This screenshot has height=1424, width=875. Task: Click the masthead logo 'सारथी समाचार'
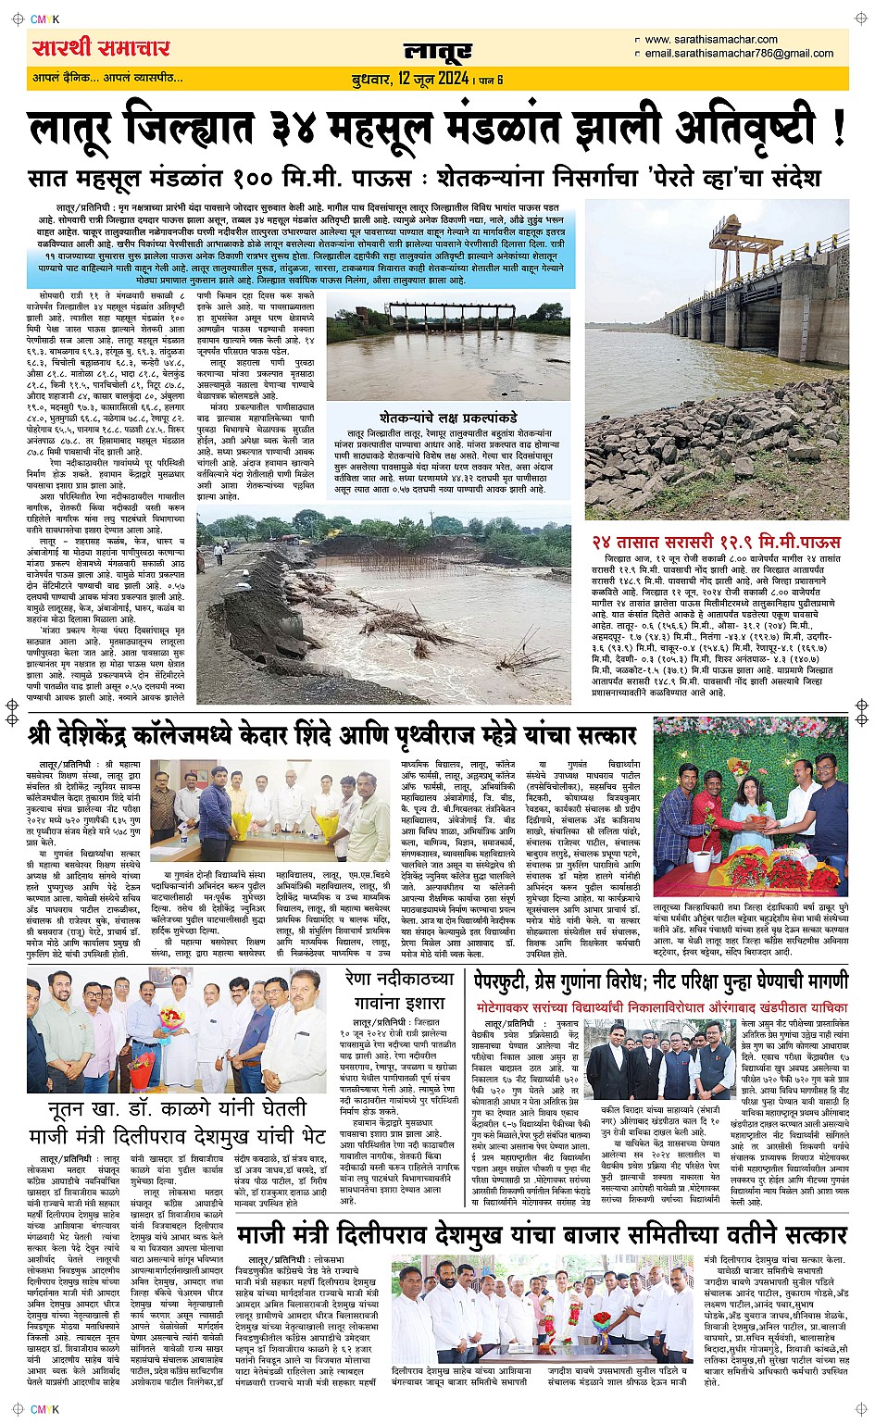click(101, 47)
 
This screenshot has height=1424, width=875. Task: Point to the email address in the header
click(739, 54)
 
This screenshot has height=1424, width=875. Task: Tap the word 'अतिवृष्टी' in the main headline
click(735, 128)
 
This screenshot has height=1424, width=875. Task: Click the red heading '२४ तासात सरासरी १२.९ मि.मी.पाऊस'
click(716, 541)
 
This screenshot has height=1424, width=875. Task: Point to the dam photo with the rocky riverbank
click(716, 358)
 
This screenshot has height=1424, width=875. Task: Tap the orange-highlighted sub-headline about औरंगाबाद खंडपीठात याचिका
click(661, 1006)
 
